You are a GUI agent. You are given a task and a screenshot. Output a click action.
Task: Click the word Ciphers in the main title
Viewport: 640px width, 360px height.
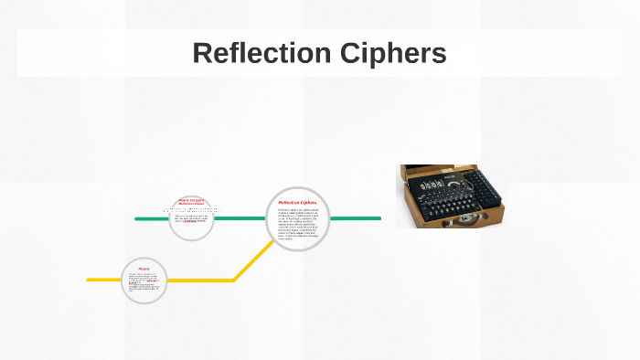pyautogui.click(x=400, y=53)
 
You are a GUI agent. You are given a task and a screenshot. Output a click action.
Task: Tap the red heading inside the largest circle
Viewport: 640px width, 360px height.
pyautogui.click(x=297, y=203)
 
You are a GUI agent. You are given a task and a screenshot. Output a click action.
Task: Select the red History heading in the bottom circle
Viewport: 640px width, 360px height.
pyautogui.click(x=144, y=269)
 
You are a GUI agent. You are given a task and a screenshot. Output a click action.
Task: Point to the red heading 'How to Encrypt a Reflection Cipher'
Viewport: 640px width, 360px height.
pyautogui.click(x=191, y=201)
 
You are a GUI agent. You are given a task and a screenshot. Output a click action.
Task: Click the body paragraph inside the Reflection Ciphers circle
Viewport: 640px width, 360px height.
pyautogui.click(x=298, y=225)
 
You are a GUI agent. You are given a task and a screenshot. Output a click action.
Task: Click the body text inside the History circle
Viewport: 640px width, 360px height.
pyautogui.click(x=144, y=285)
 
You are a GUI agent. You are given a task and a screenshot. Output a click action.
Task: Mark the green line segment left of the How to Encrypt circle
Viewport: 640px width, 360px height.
pyautogui.click(x=152, y=219)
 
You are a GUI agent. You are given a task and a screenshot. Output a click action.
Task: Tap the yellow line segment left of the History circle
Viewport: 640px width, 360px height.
pyautogui.click(x=103, y=280)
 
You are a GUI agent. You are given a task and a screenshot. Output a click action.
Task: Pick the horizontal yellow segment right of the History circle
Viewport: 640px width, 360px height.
pyautogui.click(x=201, y=280)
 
